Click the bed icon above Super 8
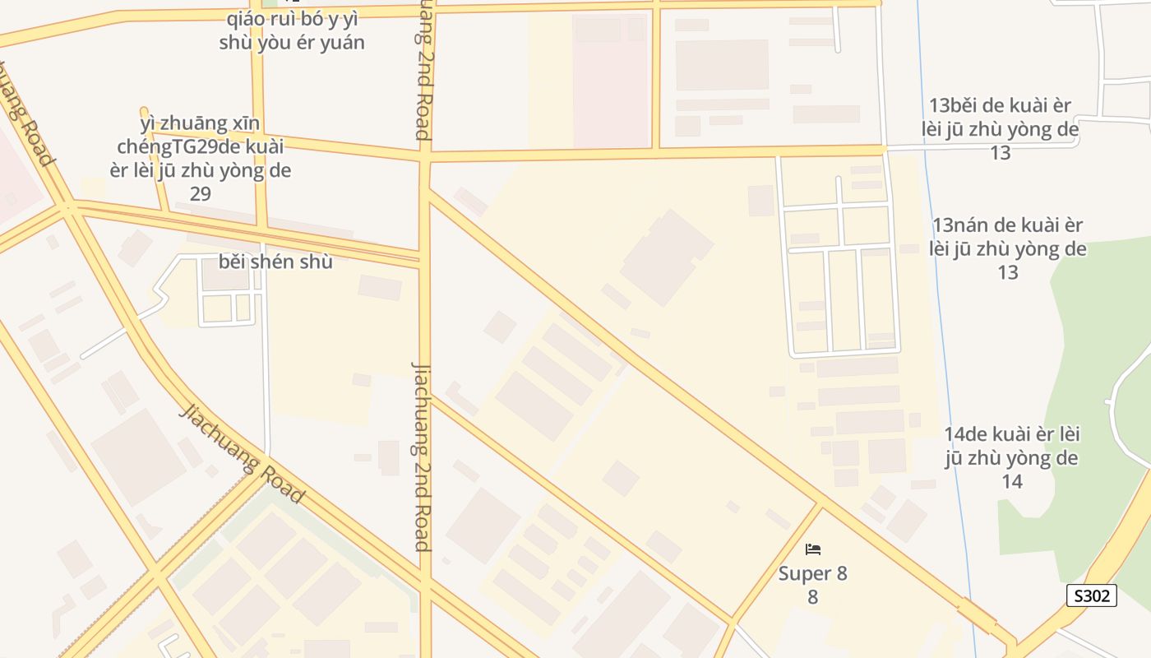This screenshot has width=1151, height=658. pos(813,549)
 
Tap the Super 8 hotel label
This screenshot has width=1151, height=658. pos(812,573)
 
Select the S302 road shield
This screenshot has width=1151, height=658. pos(1091,595)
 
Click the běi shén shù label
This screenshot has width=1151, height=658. pos(275,262)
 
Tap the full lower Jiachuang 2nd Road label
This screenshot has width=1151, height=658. pos(422,456)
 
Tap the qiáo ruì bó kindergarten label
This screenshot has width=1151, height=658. pos(291,30)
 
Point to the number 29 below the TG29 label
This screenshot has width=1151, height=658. pos(201,193)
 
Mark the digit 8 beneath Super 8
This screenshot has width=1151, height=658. pos(812,597)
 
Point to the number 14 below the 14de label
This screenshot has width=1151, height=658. pos(1011,481)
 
